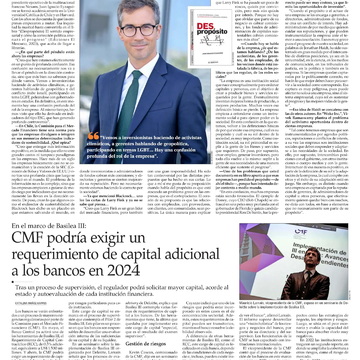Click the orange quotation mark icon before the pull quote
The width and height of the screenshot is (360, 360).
coord(93,137)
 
